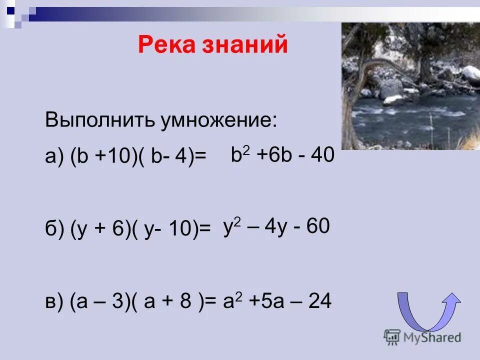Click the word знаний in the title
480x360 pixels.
pos(245,45)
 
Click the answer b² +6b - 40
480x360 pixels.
pos(282,155)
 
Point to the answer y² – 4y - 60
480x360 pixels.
pos(276,227)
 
